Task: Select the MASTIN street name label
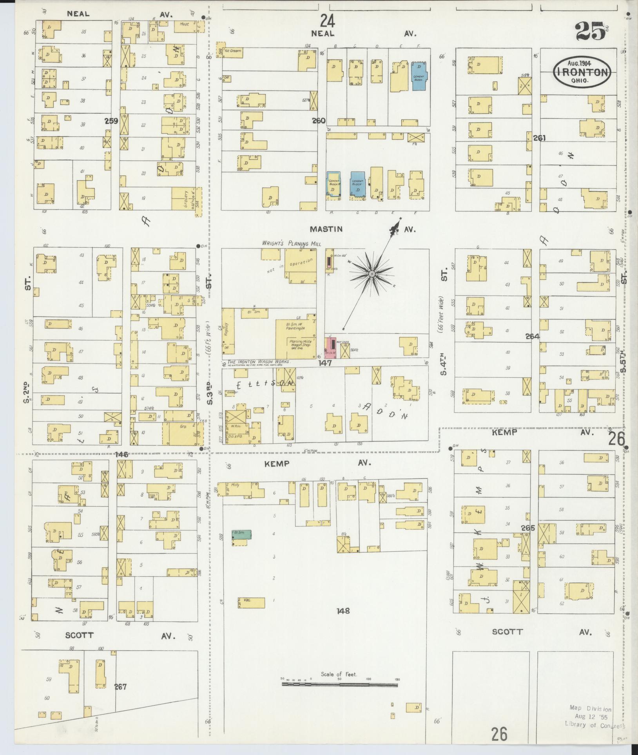(326, 229)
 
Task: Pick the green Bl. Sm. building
(241, 535)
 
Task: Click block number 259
(111, 121)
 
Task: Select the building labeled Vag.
(251, 603)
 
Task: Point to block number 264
(533, 336)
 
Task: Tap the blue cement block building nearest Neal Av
(419, 76)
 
